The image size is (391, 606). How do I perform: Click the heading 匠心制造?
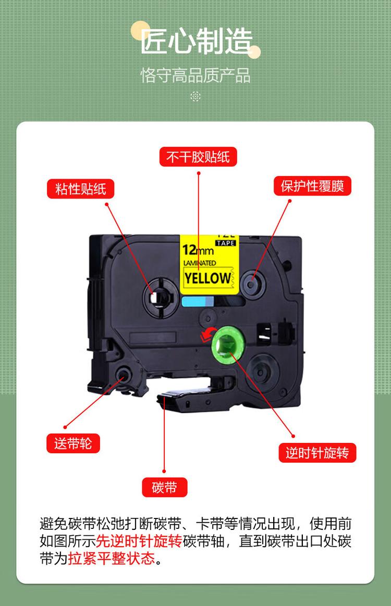click(196, 41)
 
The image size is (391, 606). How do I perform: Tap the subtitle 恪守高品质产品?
click(195, 76)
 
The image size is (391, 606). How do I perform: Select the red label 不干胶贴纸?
click(198, 157)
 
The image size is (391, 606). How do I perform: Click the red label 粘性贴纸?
click(80, 189)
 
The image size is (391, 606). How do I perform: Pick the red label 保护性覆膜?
click(312, 186)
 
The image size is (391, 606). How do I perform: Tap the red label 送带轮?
click(73, 443)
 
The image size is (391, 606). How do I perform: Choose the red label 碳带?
click(164, 487)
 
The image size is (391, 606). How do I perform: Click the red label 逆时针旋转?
click(317, 453)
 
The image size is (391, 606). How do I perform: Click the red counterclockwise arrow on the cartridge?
click(208, 334)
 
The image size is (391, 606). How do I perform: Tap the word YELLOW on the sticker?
click(207, 278)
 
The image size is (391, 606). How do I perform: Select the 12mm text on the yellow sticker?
click(198, 250)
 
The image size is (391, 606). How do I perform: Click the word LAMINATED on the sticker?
click(200, 263)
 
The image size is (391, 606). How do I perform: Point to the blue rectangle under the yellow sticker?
click(197, 301)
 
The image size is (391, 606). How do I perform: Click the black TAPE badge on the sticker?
click(225, 243)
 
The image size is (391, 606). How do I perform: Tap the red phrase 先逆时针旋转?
click(139, 541)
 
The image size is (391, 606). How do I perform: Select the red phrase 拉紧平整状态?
click(112, 558)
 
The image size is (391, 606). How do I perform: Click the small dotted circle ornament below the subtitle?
click(195, 96)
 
